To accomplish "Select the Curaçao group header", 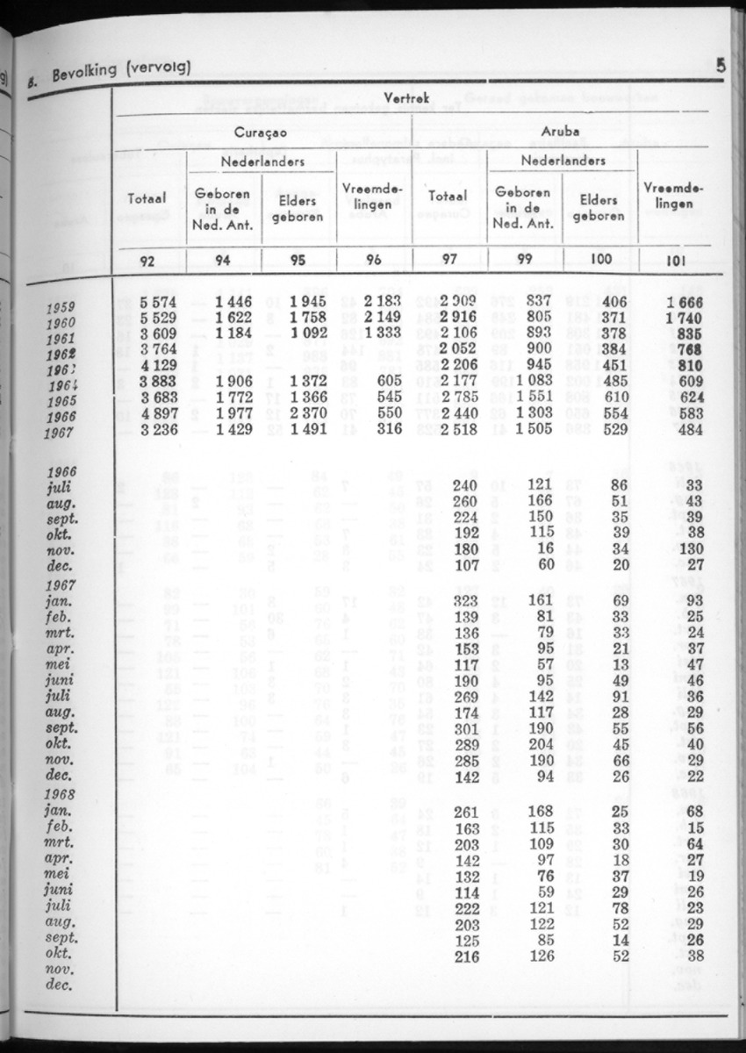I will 260,133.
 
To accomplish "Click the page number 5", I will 720,64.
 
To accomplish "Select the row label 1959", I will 59,307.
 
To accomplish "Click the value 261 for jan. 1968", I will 467,812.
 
